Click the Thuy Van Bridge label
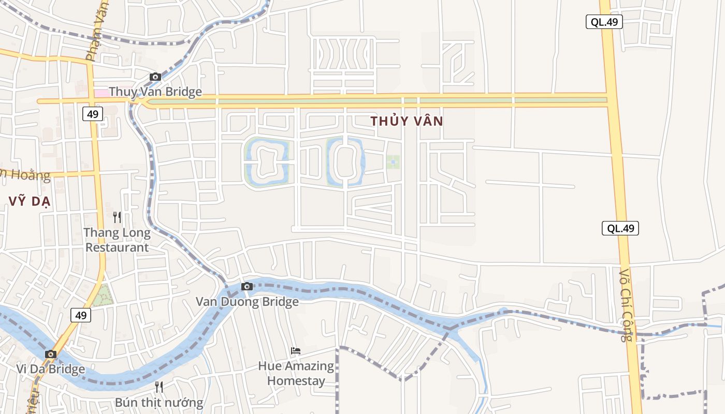pyautogui.click(x=155, y=92)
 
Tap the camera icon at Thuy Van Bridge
pyautogui.click(x=155, y=77)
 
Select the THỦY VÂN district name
pyautogui.click(x=407, y=121)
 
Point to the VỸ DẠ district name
pyautogui.click(x=29, y=201)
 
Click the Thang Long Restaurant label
pyautogui.click(x=117, y=240)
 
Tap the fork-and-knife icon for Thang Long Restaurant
pyautogui.click(x=117, y=217)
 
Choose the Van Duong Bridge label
pyautogui.click(x=247, y=302)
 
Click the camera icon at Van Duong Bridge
pyautogui.click(x=247, y=286)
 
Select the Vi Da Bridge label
pyautogui.click(x=50, y=369)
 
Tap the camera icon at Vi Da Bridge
pyautogui.click(x=50, y=354)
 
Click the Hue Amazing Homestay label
pyautogui.click(x=296, y=374)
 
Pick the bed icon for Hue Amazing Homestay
pyautogui.click(x=295, y=351)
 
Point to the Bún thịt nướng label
pyautogui.click(x=159, y=402)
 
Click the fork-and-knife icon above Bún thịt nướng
pyautogui.click(x=159, y=387)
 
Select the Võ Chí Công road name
pyautogui.click(x=626, y=305)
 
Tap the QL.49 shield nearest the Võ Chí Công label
pyautogui.click(x=620, y=228)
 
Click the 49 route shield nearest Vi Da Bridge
pyautogui.click(x=80, y=315)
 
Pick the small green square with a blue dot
pyautogui.click(x=393, y=162)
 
